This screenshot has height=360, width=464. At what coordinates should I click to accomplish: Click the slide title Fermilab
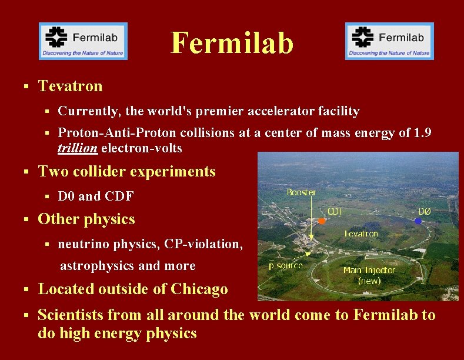(232, 43)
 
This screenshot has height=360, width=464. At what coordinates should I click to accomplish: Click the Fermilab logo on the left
(83, 41)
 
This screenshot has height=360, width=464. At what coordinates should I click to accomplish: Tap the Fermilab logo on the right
(389, 41)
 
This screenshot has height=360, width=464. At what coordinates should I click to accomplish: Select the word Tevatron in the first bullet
(70, 86)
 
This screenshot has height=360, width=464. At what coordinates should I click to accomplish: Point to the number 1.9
(422, 133)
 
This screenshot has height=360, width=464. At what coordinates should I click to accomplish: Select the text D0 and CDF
(96, 196)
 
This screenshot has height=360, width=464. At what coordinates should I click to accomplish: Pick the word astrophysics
(98, 266)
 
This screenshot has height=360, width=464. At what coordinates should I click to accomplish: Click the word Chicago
(199, 289)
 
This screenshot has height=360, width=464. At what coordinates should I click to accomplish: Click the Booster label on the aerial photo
(301, 192)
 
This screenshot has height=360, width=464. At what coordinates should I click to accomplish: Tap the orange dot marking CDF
(322, 221)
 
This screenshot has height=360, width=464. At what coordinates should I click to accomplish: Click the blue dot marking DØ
(418, 221)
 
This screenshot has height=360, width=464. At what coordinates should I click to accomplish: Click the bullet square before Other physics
(26, 219)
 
